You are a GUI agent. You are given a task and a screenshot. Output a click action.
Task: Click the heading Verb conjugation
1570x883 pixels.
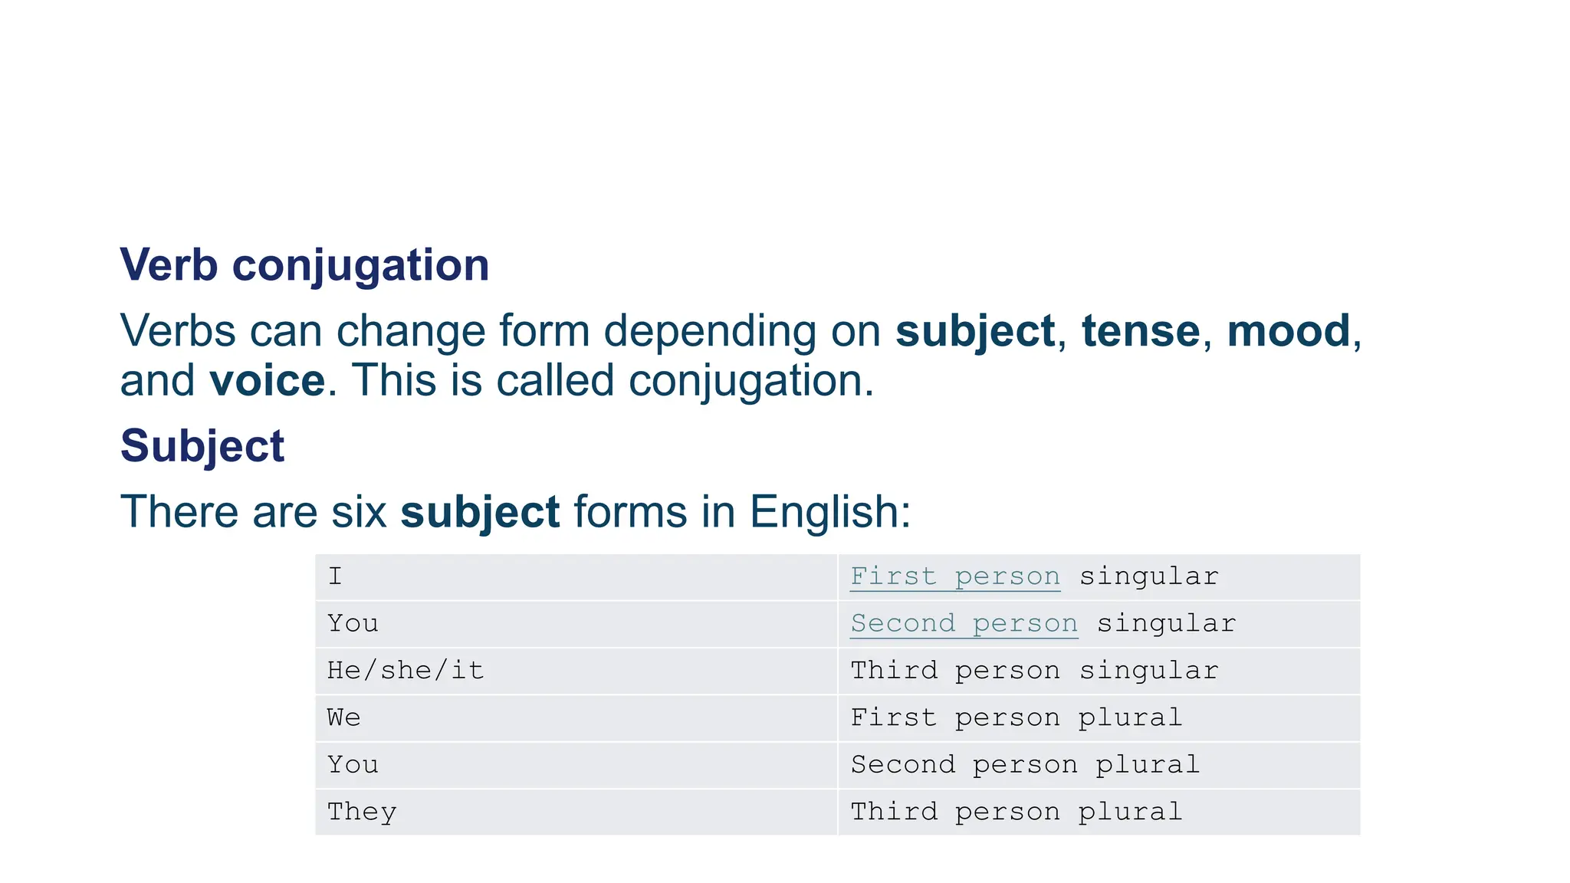click(304, 265)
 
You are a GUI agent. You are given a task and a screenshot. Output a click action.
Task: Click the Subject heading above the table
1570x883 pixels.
click(202, 446)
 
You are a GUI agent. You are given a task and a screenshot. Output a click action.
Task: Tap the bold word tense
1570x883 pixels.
click(1140, 331)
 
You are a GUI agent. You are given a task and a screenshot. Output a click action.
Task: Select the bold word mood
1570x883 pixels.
click(1288, 331)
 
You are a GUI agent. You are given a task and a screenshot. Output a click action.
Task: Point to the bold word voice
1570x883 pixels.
click(267, 381)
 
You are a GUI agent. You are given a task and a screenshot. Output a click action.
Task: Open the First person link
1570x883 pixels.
click(955, 576)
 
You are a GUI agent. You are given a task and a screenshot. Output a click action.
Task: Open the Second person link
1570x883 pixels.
click(964, 624)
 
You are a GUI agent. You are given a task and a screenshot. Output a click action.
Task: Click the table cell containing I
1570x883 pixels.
click(575, 577)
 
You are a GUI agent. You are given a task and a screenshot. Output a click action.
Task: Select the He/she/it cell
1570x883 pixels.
click(575, 671)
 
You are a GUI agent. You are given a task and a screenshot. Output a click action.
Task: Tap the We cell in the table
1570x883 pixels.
click(575, 718)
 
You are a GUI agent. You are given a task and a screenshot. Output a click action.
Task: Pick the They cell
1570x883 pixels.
click(575, 812)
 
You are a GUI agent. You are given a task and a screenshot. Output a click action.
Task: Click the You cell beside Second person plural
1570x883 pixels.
click(575, 765)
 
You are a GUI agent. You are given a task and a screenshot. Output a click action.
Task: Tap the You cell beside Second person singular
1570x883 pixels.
click(575, 624)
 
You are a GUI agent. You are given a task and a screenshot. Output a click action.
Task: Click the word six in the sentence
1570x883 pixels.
click(359, 512)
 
